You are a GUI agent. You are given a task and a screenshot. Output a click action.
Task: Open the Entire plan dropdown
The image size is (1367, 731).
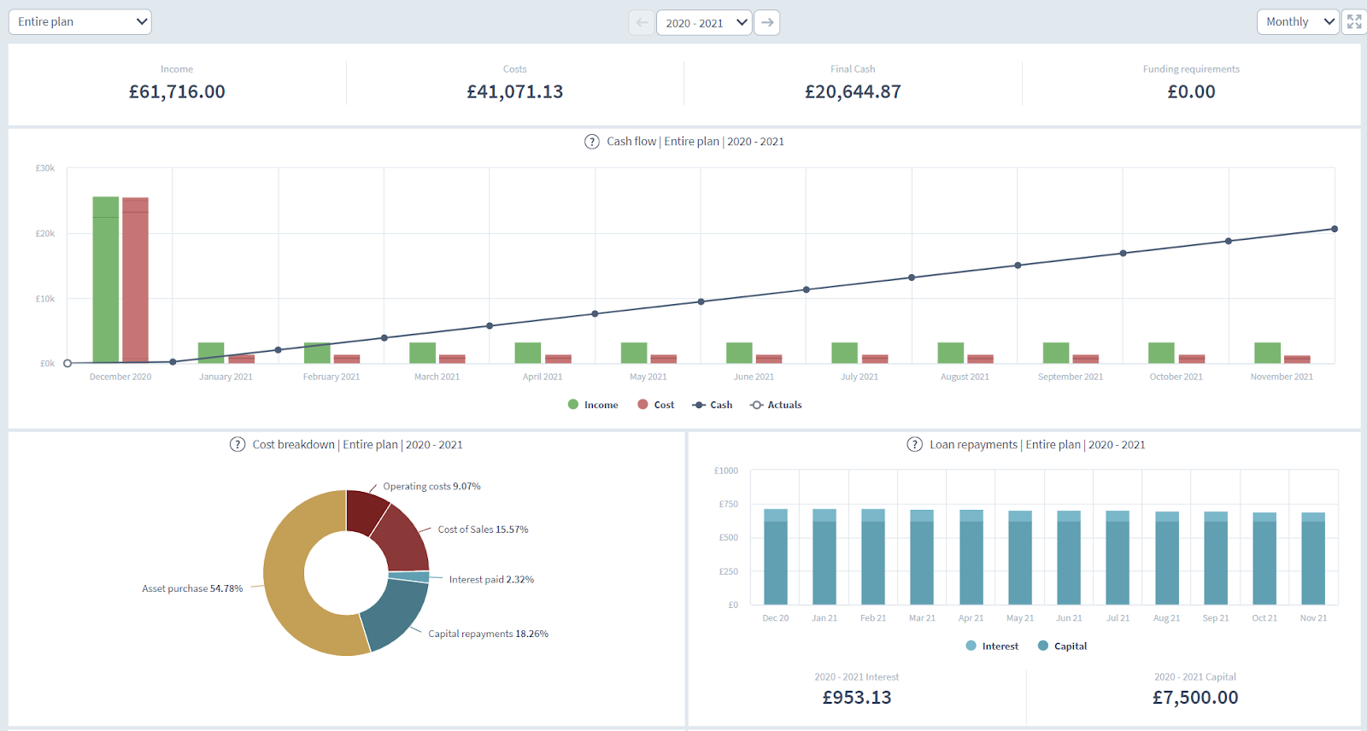(79, 22)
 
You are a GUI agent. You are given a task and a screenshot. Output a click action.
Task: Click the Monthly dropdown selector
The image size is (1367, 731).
(1297, 22)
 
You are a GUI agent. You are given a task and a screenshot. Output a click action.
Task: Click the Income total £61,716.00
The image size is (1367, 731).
(177, 92)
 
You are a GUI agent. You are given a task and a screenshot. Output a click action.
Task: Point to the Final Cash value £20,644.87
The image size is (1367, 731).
(853, 92)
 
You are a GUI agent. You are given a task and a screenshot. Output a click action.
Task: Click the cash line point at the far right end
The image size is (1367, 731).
(1335, 229)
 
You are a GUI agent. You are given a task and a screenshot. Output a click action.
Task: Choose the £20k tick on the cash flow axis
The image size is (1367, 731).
(45, 233)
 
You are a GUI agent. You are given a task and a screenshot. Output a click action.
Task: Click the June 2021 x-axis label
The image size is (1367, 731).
(754, 377)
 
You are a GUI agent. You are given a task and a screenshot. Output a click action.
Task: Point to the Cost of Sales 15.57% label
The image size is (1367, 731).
(483, 529)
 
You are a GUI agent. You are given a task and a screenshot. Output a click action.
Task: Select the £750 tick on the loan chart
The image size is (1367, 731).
(729, 504)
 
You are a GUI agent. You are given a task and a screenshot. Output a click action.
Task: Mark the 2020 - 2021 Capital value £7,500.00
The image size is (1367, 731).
(1194, 698)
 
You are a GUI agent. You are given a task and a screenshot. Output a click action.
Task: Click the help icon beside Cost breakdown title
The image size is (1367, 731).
(238, 445)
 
